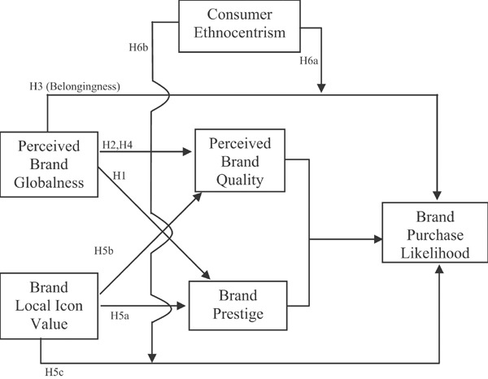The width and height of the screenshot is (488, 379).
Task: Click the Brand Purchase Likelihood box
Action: coord(436,234)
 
